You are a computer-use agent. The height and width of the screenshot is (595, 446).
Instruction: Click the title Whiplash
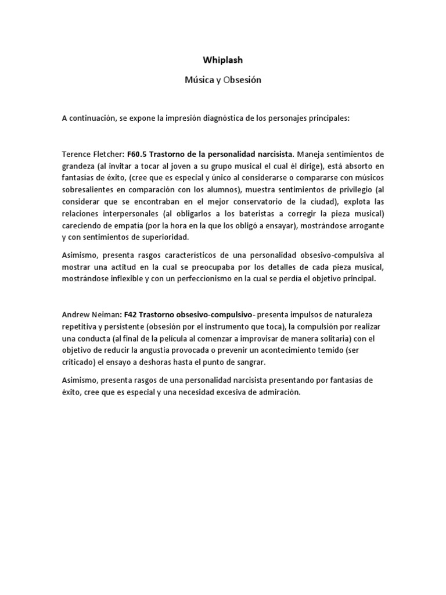(223, 59)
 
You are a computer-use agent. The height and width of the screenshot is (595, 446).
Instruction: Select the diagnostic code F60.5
(138, 154)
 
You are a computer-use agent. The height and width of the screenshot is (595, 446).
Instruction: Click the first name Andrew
(76, 314)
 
